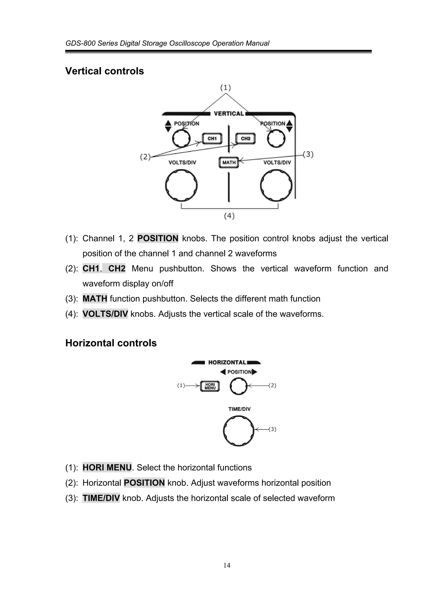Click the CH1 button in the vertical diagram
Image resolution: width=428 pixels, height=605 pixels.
pyautogui.click(x=212, y=139)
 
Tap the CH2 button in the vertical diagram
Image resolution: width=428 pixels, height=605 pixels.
pyautogui.click(x=246, y=139)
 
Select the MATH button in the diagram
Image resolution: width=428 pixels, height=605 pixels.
pyautogui.click(x=229, y=162)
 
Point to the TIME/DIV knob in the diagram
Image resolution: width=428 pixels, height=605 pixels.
pyautogui.click(x=239, y=431)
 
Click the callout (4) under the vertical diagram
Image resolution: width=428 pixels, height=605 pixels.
pyautogui.click(x=229, y=216)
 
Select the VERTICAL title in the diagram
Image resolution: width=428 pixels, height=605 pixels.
pyautogui.click(x=229, y=114)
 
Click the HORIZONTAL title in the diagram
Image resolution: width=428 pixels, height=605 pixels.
pyautogui.click(x=227, y=362)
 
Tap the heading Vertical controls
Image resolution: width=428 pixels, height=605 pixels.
pyautogui.click(x=104, y=71)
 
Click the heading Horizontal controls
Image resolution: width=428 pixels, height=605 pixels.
pyautogui.click(x=111, y=343)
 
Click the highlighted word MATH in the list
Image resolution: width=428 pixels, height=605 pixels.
pyautogui.click(x=95, y=299)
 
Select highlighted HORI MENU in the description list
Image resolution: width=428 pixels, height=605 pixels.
pyautogui.click(x=107, y=467)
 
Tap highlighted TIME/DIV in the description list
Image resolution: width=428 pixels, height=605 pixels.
pyautogui.click(x=101, y=498)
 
